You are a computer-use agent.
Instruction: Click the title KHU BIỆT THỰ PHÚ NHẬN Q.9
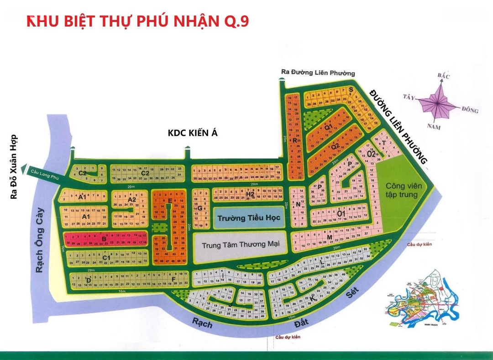pyautogui.click(x=137, y=22)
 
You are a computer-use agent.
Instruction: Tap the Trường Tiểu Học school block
pyautogui.click(x=248, y=218)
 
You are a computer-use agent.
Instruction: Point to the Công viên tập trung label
pyautogui.click(x=401, y=190)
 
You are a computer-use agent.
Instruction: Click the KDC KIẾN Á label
pyautogui.click(x=193, y=133)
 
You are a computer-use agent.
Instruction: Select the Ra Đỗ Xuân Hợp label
pyautogui.click(x=14, y=167)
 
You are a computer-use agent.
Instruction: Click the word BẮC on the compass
pyautogui.click(x=443, y=76)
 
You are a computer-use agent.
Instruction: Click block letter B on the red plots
pyautogui.click(x=104, y=238)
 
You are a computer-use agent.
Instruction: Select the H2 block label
pyautogui.click(x=250, y=194)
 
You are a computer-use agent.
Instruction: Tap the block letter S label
pyautogui.click(x=351, y=90)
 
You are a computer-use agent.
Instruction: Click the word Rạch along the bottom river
pyautogui.click(x=202, y=323)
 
